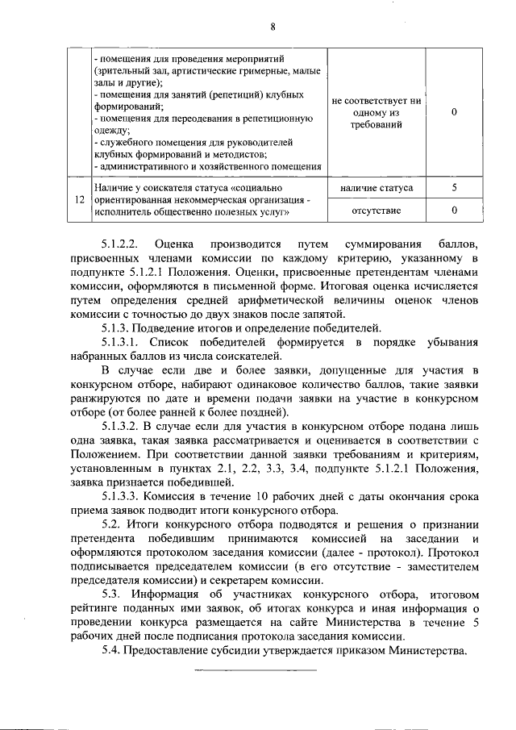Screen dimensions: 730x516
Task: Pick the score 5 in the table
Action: coord(455,188)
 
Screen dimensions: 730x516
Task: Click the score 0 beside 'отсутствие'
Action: coord(455,211)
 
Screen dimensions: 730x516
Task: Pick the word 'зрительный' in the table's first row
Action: coord(126,71)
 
